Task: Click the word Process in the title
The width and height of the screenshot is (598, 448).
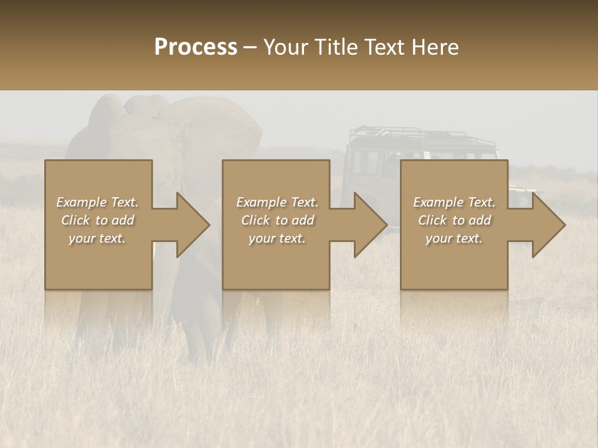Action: click(x=196, y=47)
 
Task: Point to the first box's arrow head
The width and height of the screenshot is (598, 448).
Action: click(x=194, y=225)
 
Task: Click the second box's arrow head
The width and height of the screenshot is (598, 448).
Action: click(x=371, y=225)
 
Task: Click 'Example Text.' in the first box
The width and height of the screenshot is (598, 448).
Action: click(x=98, y=202)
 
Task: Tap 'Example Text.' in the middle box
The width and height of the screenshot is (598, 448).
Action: click(x=277, y=202)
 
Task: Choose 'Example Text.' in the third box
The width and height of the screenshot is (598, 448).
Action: click(x=454, y=202)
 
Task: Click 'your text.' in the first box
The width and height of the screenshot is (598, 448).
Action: click(x=97, y=238)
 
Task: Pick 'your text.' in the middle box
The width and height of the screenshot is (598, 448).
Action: click(x=277, y=238)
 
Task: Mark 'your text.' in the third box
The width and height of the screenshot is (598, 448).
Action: click(x=454, y=238)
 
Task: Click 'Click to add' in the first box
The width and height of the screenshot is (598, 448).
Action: click(x=98, y=220)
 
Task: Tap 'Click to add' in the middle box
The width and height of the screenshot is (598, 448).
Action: click(x=277, y=220)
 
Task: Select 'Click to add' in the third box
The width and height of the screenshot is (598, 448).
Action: click(x=454, y=220)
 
